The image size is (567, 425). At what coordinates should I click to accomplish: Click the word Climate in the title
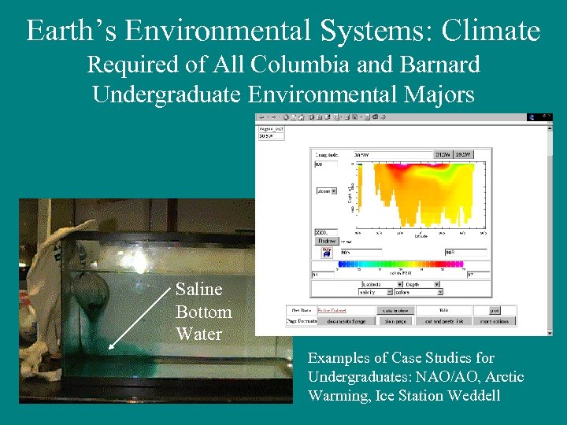(491, 31)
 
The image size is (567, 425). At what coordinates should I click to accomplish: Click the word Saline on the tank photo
(198, 290)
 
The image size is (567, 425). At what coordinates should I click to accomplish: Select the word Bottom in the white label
(203, 312)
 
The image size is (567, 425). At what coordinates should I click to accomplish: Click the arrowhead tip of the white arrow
(109, 347)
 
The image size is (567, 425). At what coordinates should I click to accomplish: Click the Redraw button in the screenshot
(326, 241)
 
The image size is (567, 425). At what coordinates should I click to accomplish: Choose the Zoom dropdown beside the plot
(326, 190)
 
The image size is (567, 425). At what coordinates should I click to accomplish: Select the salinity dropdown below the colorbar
(376, 292)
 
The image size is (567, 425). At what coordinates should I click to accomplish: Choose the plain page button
(395, 321)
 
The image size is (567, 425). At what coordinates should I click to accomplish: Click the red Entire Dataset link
(335, 310)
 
